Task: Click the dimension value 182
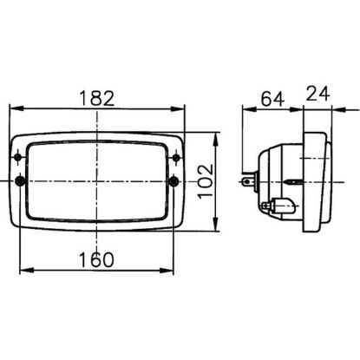click(97, 98)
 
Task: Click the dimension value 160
click(96, 259)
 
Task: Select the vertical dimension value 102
click(206, 181)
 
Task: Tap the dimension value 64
click(272, 99)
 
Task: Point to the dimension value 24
click(317, 94)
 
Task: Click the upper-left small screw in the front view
click(18, 157)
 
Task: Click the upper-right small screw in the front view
click(176, 158)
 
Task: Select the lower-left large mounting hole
click(20, 181)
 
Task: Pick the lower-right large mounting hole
click(173, 181)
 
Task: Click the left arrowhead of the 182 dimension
click(16, 108)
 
